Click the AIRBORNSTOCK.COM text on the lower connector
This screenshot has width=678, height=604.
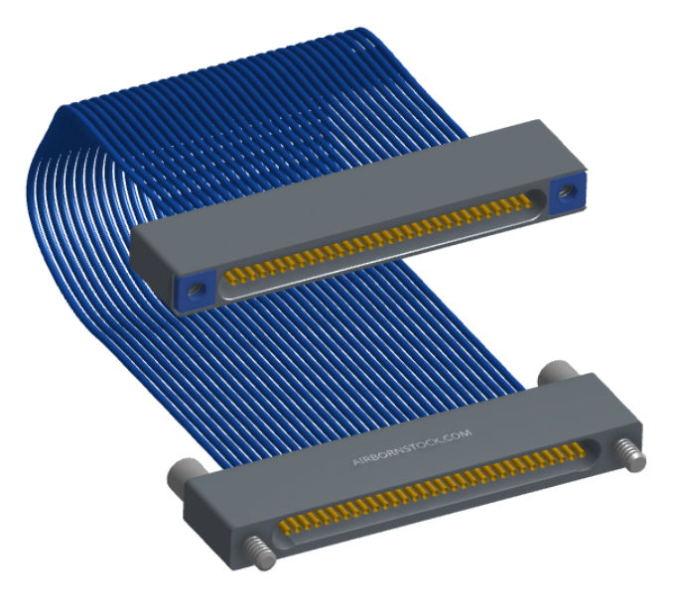coord(412,447)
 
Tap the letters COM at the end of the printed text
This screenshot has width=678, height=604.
coord(459,434)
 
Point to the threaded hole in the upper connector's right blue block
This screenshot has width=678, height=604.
coord(566,191)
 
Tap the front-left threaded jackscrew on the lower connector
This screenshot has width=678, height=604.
coord(259,553)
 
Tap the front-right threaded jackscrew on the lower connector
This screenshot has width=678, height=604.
coord(631,454)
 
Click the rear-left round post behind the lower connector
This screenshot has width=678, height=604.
coord(186,472)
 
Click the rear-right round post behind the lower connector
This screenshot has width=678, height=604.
coord(558,373)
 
